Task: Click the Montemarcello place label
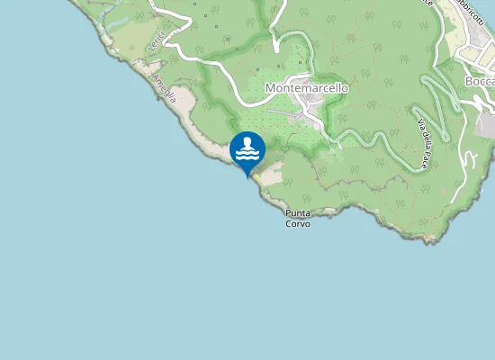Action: (307, 88)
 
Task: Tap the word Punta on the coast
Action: (298, 213)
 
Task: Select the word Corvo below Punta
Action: (298, 223)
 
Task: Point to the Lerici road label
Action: (158, 41)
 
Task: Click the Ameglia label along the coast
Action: (164, 88)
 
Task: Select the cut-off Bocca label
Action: (480, 82)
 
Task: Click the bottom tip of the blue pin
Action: (247, 177)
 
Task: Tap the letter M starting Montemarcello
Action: (271, 88)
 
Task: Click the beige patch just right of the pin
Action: (272, 172)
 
